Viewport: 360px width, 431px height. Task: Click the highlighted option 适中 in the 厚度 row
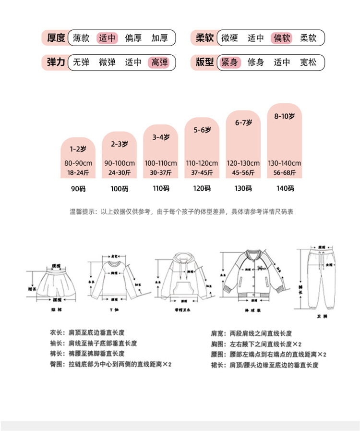pos(108,37)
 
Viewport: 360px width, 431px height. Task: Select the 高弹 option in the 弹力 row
pos(159,62)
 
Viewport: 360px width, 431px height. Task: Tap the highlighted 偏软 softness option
pos(282,37)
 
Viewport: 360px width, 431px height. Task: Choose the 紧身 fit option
pos(229,62)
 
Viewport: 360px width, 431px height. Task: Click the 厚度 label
pos(56,37)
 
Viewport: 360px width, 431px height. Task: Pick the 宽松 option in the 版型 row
pos(308,62)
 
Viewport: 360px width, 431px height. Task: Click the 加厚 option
pos(159,37)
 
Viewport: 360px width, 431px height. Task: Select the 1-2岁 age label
pos(78,149)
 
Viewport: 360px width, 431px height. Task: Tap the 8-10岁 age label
pos(284,116)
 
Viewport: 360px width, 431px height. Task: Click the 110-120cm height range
pos(202,163)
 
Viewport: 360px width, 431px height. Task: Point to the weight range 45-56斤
pos(243,172)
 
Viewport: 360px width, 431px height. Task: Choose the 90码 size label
pos(78,189)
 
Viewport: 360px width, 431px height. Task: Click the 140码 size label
pos(284,188)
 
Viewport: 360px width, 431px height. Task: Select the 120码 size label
pos(202,188)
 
